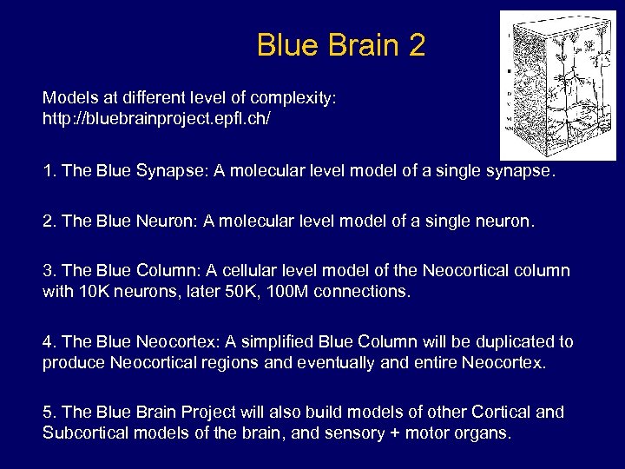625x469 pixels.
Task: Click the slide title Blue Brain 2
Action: [341, 45]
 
